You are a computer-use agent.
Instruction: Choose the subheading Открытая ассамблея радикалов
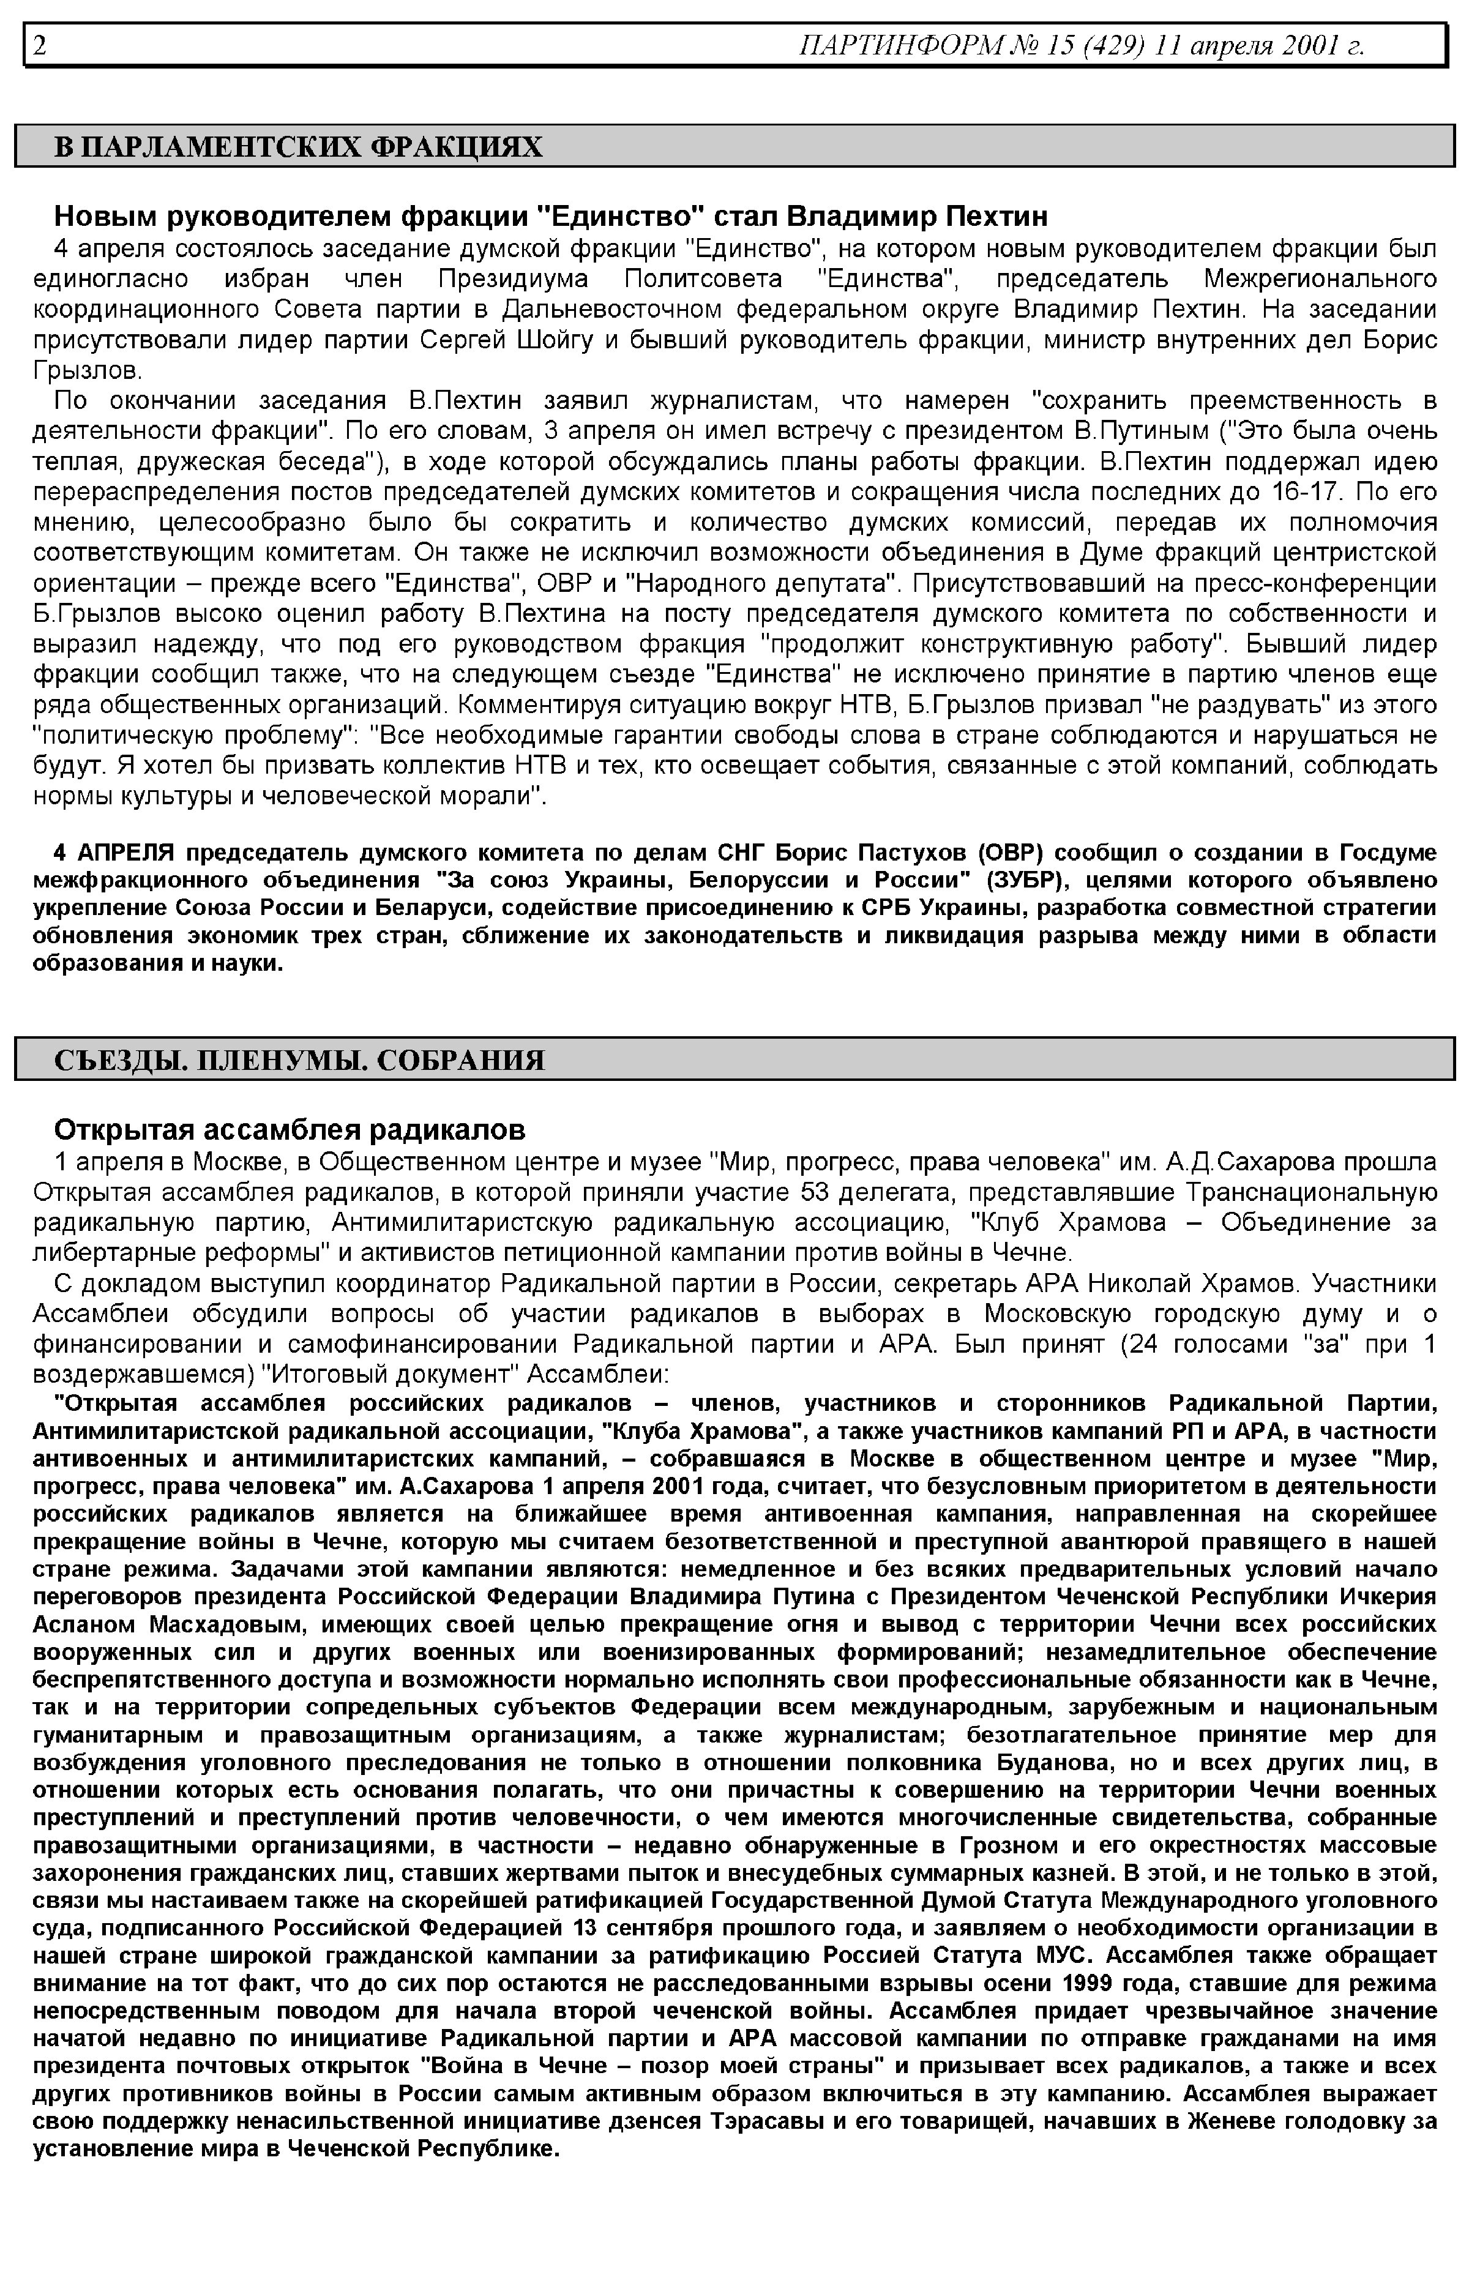289,1129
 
